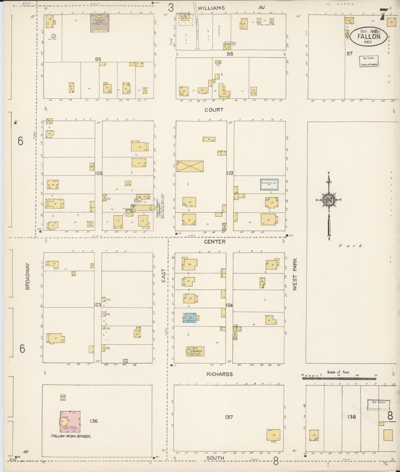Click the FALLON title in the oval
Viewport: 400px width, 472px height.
(368, 37)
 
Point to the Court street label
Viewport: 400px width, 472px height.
(214, 110)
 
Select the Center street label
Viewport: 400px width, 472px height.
(215, 242)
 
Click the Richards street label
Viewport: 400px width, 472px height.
(220, 374)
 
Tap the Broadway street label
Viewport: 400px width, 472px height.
(27, 276)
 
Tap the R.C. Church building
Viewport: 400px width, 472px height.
(195, 351)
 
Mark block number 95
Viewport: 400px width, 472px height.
(98, 59)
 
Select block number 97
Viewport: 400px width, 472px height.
(349, 53)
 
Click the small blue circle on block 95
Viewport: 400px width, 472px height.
(54, 36)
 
